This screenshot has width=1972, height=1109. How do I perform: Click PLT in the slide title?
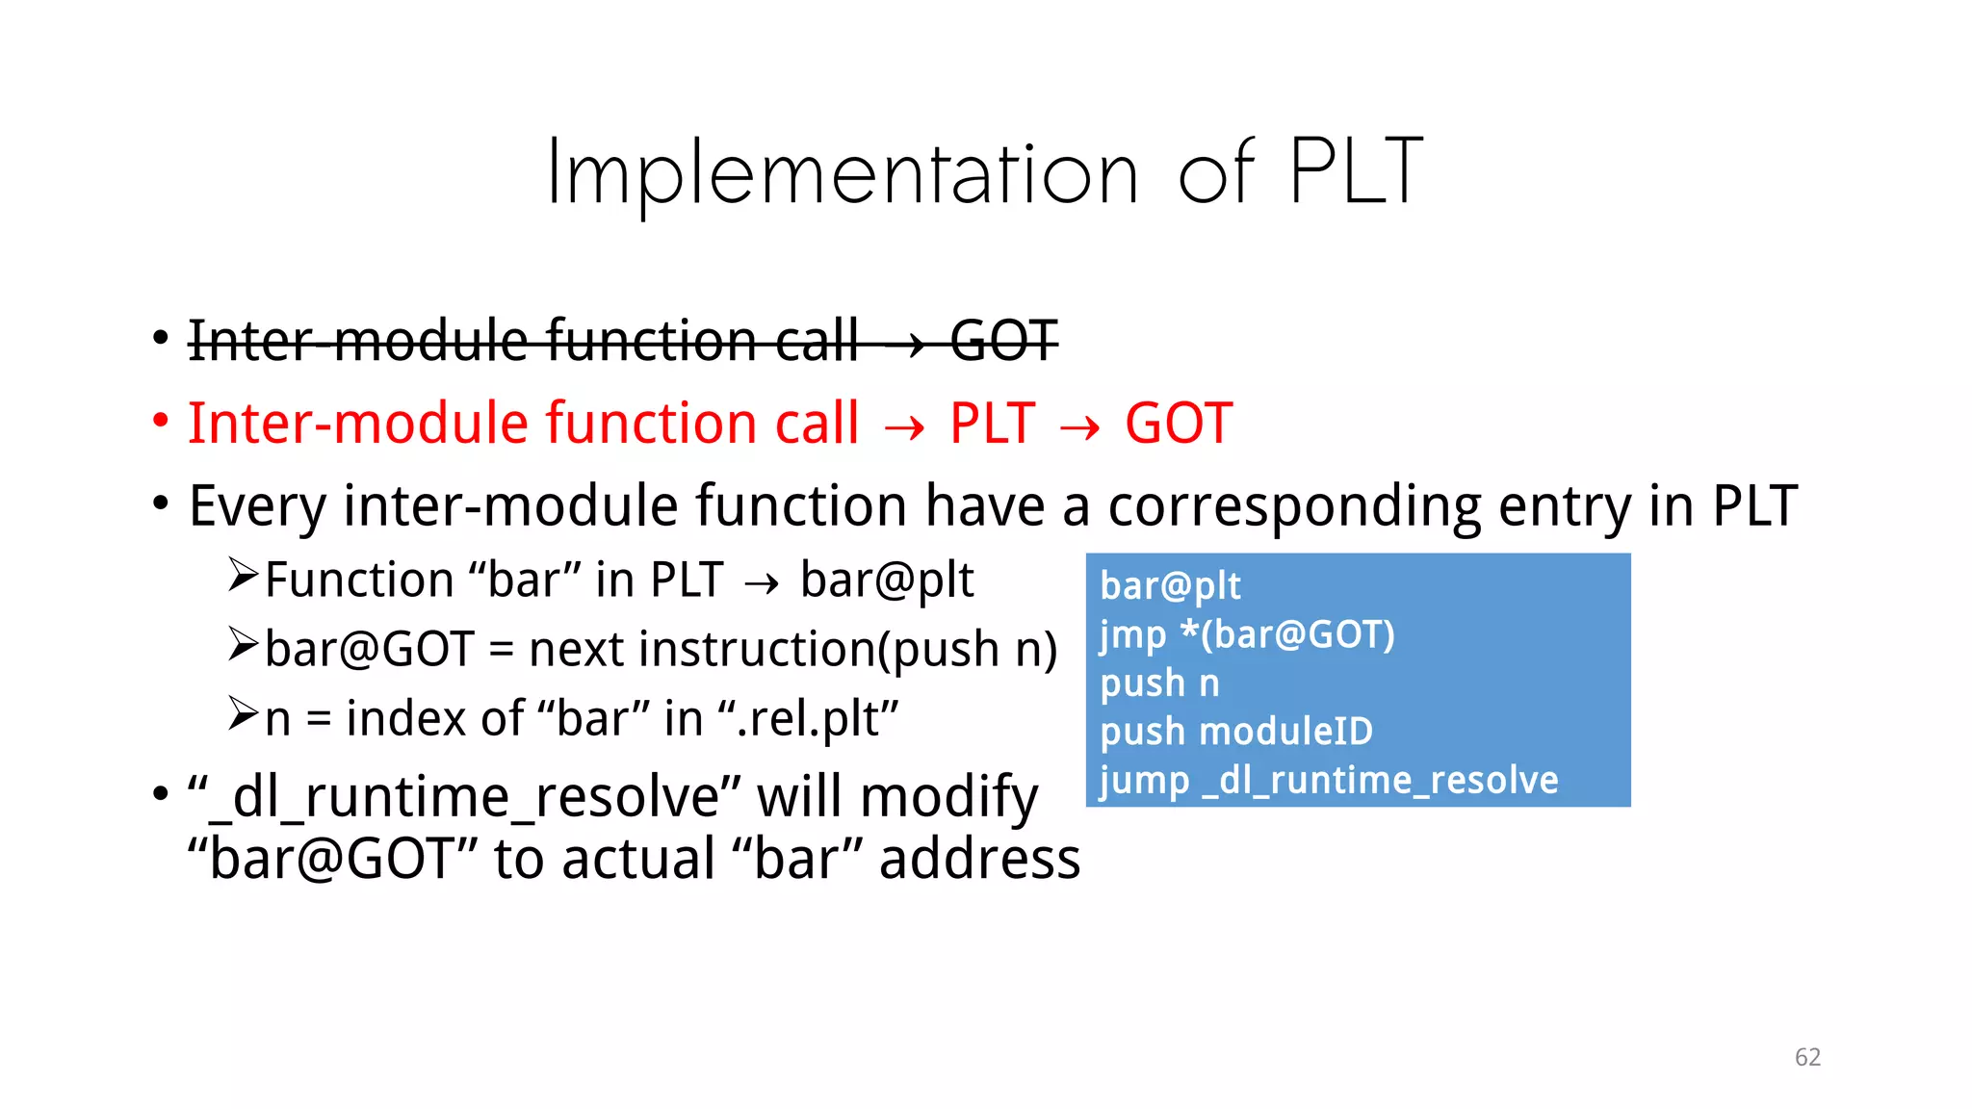coord(1355,173)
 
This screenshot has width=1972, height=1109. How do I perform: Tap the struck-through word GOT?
coord(1004,341)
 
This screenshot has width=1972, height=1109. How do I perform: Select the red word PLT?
coord(992,424)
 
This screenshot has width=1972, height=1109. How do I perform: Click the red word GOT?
coord(1179,424)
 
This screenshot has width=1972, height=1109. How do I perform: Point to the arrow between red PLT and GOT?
coord(1079,427)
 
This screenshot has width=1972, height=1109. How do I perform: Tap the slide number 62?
coord(1807,1057)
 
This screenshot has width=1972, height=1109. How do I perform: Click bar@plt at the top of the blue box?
coord(1170,585)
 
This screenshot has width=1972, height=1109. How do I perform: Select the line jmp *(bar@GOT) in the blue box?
coord(1247,634)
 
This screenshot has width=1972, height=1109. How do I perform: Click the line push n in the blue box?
coord(1159,683)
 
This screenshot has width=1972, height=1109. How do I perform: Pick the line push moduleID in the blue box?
coord(1236,732)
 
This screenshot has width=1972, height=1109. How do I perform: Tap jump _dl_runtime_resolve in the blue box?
coord(1329,780)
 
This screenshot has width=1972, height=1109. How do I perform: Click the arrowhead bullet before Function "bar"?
coord(243,576)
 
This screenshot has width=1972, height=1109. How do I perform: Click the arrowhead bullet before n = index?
coord(243,714)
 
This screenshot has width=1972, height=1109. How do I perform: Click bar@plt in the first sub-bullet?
coord(887,580)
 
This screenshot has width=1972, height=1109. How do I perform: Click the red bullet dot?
coord(161,421)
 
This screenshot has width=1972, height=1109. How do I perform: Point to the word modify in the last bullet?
coord(948,798)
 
